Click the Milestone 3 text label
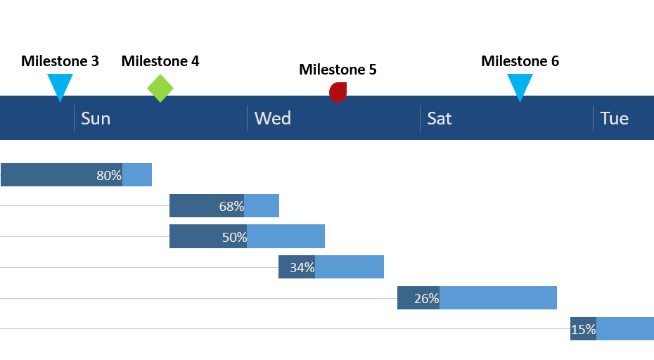click(x=60, y=61)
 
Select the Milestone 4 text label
click(x=160, y=61)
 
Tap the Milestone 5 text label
click(x=338, y=70)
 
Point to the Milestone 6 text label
click(x=520, y=61)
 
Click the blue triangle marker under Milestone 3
click(x=60, y=85)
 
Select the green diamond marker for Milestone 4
click(x=160, y=88)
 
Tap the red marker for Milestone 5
click(x=338, y=92)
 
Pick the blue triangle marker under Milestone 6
click(x=520, y=85)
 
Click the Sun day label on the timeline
click(x=96, y=118)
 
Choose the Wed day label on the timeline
click(x=272, y=118)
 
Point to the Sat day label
click(x=440, y=118)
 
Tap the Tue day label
click(x=614, y=118)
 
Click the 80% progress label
click(x=109, y=175)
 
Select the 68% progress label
click(x=231, y=206)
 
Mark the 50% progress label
click(x=234, y=237)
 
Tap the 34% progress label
click(x=302, y=267)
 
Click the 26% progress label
click(x=426, y=298)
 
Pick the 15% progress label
click(x=583, y=329)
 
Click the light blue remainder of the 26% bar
click(x=498, y=298)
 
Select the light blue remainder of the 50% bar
click(x=286, y=237)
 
